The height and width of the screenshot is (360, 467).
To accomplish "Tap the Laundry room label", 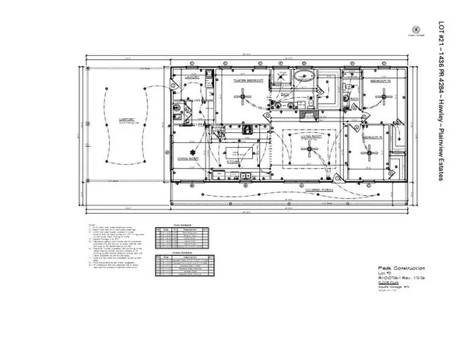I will pyautogui.click(x=193, y=79).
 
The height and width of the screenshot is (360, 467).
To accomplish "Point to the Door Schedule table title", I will pyautogui.click(x=181, y=221).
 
